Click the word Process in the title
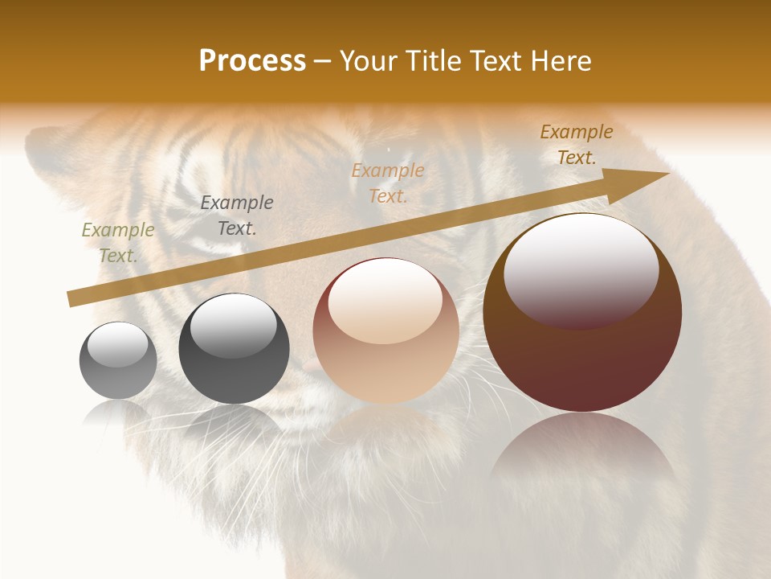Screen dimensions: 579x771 [x=252, y=61]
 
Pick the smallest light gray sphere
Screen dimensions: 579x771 [x=118, y=360]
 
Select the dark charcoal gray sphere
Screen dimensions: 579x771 [x=234, y=349]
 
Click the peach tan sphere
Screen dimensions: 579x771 [x=386, y=331]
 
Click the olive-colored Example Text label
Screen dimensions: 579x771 [x=118, y=243]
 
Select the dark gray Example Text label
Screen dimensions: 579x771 [x=237, y=216]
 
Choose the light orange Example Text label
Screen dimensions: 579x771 [x=388, y=183]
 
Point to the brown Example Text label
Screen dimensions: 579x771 [x=577, y=145]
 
